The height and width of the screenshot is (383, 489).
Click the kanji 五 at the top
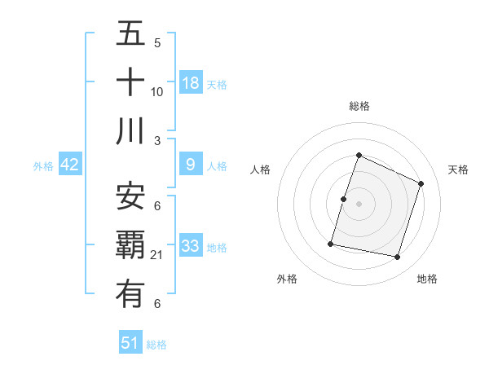(x=130, y=36)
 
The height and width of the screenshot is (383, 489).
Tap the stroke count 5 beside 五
(x=157, y=43)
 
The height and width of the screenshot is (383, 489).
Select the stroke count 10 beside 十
(x=157, y=91)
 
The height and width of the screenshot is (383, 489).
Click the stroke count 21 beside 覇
(x=157, y=255)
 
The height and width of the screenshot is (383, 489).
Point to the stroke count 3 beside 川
(x=157, y=140)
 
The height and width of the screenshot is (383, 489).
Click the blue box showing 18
(x=191, y=83)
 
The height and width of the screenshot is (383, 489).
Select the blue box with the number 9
(x=191, y=165)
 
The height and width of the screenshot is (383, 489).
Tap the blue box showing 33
(x=191, y=246)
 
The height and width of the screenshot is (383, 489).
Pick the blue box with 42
(x=70, y=165)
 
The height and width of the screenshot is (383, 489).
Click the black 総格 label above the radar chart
(x=359, y=106)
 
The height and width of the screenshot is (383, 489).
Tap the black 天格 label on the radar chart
(x=458, y=169)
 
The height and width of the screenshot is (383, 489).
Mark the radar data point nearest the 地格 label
(x=397, y=257)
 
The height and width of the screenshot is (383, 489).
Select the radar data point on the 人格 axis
(x=343, y=199)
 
